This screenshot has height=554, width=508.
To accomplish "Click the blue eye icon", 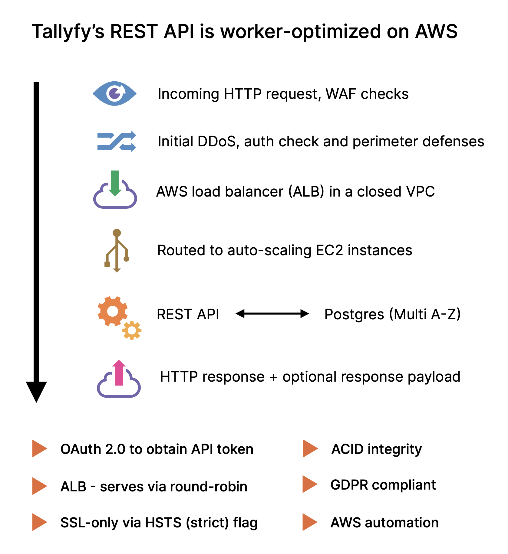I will (114, 93).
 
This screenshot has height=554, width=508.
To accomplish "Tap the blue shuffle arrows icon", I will (117, 141).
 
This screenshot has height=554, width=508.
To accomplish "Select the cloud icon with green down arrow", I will (115, 191).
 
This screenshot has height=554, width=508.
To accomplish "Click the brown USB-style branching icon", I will (117, 250).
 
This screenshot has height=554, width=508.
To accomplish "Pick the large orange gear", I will (112, 311).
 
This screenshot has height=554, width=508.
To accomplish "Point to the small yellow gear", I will (132, 331).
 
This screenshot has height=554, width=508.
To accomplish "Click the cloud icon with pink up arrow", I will (119, 379).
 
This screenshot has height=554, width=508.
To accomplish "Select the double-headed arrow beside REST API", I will (272, 314).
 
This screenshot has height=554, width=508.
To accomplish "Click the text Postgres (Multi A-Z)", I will (392, 314).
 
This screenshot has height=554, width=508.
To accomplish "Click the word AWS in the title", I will (436, 31).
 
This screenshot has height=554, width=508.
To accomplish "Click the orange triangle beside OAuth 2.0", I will (39, 448).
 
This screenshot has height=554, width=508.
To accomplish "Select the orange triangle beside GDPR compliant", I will (309, 484).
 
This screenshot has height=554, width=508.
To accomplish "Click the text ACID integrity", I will (376, 449).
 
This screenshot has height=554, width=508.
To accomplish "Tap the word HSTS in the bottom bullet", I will (163, 523).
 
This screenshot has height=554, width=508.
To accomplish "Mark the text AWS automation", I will (384, 523).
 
